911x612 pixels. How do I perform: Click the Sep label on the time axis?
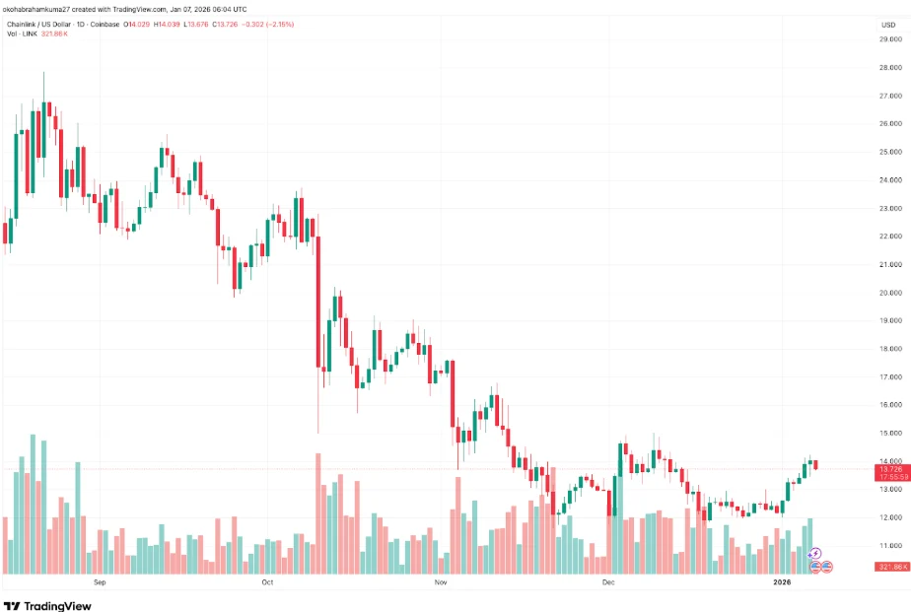(x=99, y=582)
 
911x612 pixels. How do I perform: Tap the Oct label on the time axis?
(x=266, y=582)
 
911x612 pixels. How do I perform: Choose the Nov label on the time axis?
(x=441, y=582)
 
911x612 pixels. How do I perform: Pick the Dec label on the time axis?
(x=608, y=582)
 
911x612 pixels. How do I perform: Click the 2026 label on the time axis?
(x=782, y=582)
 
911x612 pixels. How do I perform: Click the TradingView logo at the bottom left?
(x=47, y=605)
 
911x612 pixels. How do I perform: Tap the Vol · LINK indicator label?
(x=21, y=34)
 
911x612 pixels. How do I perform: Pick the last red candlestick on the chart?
(x=814, y=464)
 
